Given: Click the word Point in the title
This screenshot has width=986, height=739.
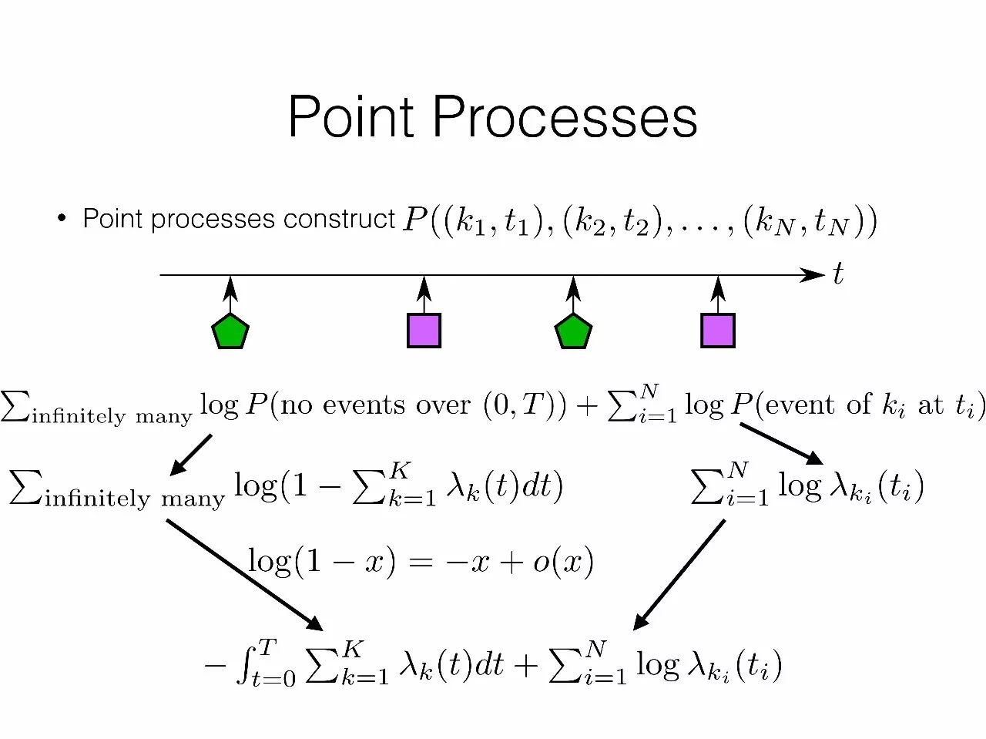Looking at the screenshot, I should pos(351,117).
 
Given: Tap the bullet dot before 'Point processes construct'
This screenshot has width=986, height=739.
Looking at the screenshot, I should pos(62,219).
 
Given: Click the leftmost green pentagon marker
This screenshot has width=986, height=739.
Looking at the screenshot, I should pos(230,331).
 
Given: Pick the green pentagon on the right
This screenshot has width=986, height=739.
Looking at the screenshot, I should pos(573,331).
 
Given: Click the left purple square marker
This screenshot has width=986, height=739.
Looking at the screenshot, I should pos(424,331).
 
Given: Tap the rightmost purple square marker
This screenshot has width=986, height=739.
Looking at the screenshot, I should pos(718,331).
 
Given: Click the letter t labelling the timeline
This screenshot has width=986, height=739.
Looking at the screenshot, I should pos(838,274).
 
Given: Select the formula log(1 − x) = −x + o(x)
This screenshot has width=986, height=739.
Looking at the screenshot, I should pos(421,562).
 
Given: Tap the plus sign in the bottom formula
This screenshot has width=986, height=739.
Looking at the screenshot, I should pos(525,665).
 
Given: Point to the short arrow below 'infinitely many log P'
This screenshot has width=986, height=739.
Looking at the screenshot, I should pos(190,454).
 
